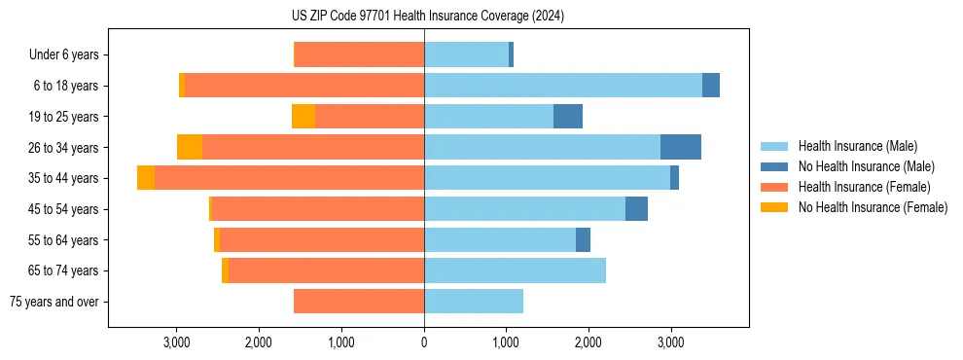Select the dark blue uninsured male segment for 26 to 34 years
[680, 147]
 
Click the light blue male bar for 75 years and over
[474, 302]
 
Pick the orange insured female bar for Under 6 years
[359, 54]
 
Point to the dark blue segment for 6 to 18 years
[711, 86]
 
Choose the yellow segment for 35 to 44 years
[146, 178]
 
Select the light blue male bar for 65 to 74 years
[515, 270]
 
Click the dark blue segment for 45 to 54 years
[636, 209]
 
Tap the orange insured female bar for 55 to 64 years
[322, 239]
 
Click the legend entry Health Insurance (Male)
[857, 146]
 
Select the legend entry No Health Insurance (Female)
[873, 207]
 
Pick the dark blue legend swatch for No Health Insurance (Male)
[774, 166]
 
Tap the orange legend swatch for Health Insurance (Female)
[774, 187]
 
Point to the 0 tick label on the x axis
[424, 342]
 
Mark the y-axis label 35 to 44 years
[63, 178]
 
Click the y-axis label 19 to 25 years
[63, 117]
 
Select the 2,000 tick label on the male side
[588, 342]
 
